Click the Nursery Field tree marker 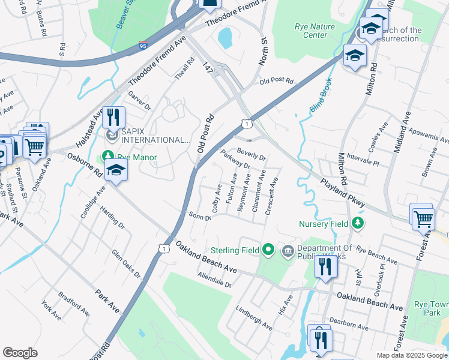point(358,224)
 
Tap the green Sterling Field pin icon point(268,250)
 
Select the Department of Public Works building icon point(288,250)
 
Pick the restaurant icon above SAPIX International point(113,116)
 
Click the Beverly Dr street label point(251,154)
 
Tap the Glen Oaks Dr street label point(127,264)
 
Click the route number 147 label point(208,67)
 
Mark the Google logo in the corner point(20,353)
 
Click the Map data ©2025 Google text point(411,355)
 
